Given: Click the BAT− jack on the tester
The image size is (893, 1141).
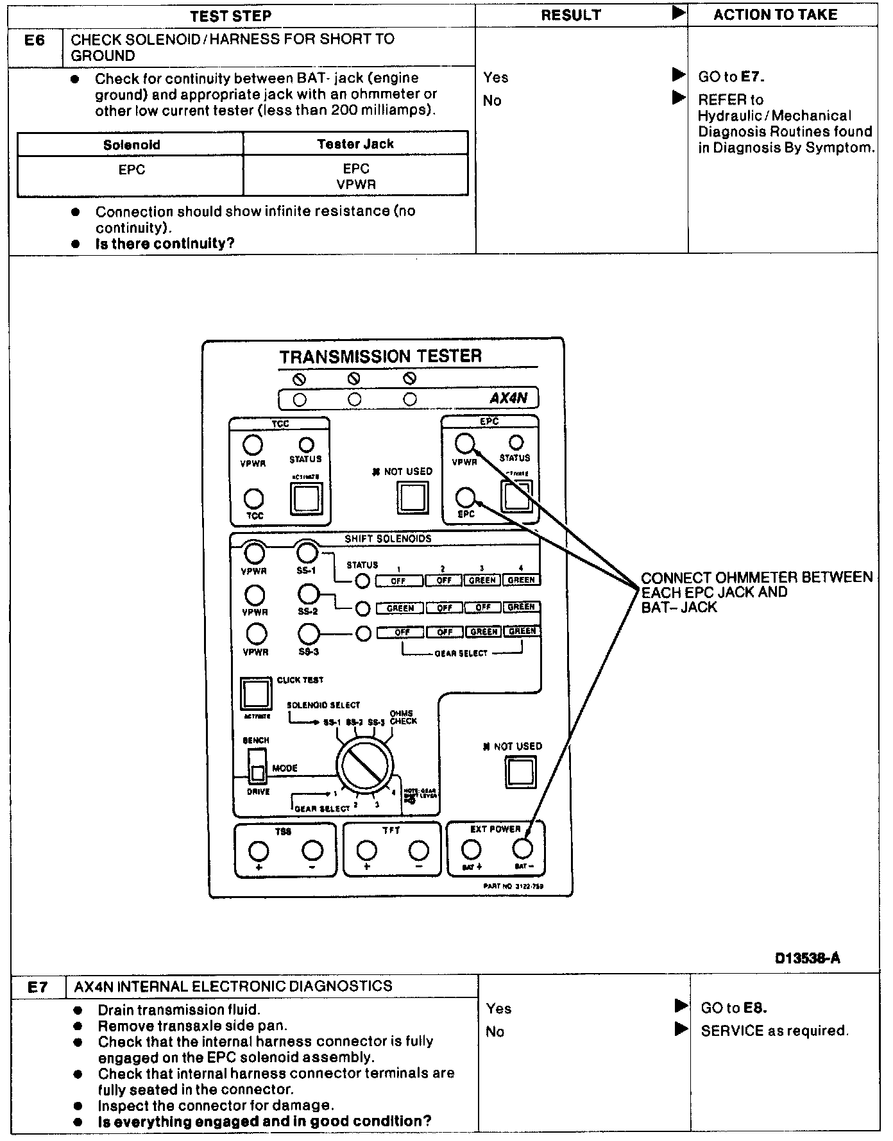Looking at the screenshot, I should [x=523, y=849].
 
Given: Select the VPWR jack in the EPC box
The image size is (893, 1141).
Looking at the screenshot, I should [x=464, y=443].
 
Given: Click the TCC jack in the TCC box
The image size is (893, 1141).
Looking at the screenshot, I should [x=255, y=498].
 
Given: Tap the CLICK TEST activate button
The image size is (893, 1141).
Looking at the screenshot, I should [x=255, y=694].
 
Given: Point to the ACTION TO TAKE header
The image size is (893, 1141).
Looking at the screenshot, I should [x=775, y=15].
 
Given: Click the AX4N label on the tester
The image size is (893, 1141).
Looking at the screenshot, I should [x=509, y=398].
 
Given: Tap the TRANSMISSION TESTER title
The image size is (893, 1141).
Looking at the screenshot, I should [x=380, y=356].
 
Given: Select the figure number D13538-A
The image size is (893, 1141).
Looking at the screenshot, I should [x=807, y=958].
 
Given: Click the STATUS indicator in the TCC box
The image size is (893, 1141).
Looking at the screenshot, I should [x=306, y=445].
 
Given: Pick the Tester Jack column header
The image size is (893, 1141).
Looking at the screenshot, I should [x=355, y=144].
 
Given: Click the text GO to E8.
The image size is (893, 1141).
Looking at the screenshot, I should [x=734, y=1008].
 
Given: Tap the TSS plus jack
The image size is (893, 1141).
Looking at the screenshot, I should [x=259, y=851].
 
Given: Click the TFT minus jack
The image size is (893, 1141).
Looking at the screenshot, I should [x=418, y=851].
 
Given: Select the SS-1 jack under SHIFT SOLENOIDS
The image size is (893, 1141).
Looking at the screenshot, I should [x=307, y=552].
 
